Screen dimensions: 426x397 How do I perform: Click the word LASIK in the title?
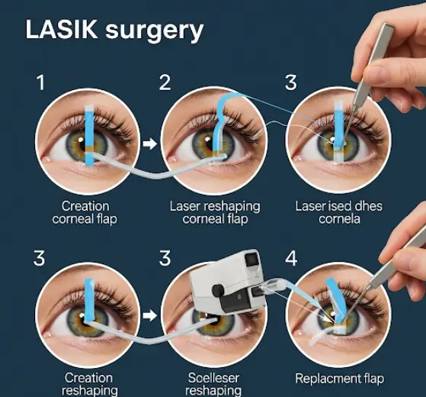pyautogui.click(x=62, y=29)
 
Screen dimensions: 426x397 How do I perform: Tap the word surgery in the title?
pyautogui.click(x=154, y=32)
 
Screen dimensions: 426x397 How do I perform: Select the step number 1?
pyautogui.click(x=40, y=82)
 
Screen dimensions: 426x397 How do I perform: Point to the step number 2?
pyautogui.click(x=165, y=82)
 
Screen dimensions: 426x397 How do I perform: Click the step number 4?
pyautogui.click(x=291, y=259)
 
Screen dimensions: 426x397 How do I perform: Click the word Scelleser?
pyautogui.click(x=213, y=378)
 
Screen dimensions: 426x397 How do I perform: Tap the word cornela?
pyautogui.click(x=339, y=219)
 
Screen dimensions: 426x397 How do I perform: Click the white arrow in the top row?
pyautogui.click(x=149, y=144)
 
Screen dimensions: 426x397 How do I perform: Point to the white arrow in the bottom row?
pyautogui.click(x=149, y=315)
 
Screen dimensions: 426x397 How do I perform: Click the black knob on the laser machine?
pyautogui.click(x=218, y=291)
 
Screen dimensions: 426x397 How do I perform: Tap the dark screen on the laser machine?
pyautogui.click(x=251, y=260)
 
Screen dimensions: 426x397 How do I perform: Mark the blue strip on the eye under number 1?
pyautogui.click(x=89, y=135)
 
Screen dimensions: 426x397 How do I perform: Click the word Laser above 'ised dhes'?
pyautogui.click(x=310, y=206)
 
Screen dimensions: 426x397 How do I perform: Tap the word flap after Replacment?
pyautogui.click(x=374, y=379)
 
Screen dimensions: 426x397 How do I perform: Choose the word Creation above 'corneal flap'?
pyautogui.click(x=85, y=206)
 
